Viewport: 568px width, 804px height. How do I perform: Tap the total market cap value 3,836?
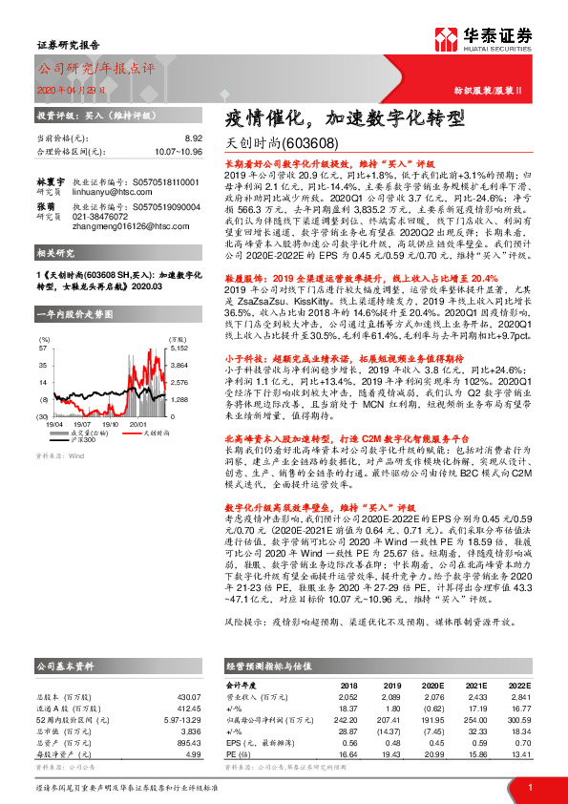(x=192, y=730)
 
